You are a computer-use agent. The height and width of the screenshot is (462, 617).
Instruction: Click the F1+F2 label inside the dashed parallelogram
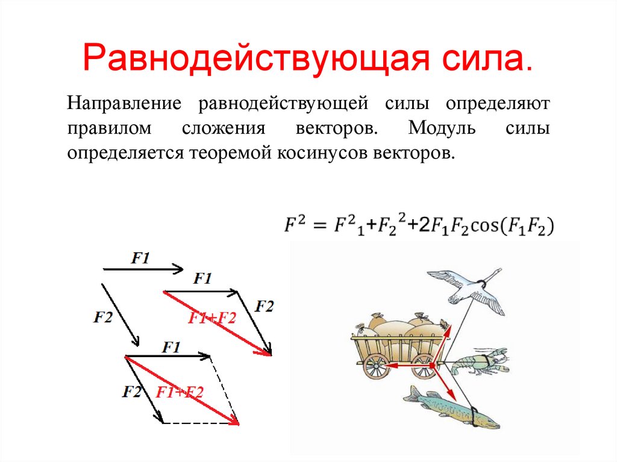click(180, 393)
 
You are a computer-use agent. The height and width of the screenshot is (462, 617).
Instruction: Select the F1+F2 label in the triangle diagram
click(211, 319)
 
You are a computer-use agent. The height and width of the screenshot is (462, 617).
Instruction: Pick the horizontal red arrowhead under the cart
click(389, 366)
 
